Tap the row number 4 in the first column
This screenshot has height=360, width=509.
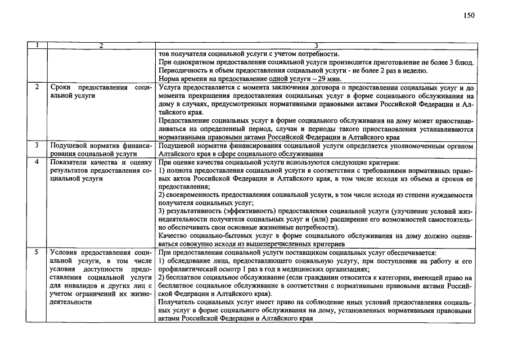(36, 162)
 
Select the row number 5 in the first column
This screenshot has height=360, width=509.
(36, 253)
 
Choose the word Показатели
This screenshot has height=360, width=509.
(70, 162)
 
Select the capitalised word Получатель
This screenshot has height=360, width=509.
(179, 302)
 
